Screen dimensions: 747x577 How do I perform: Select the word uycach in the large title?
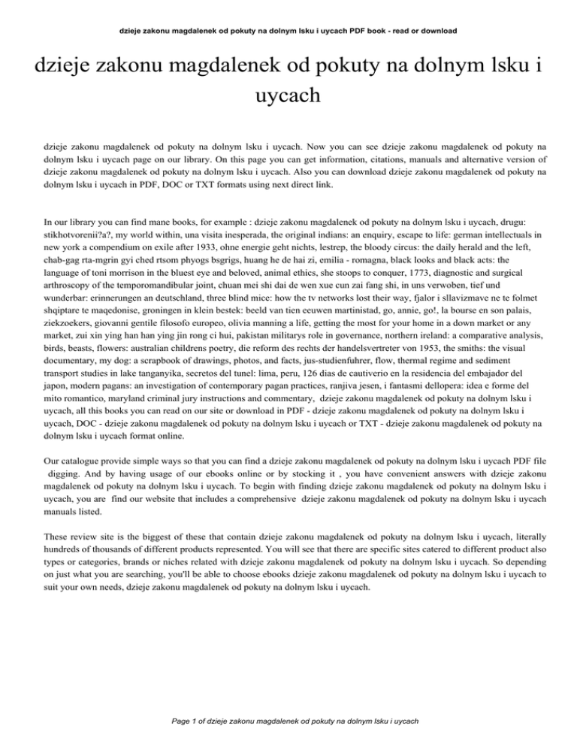pos(288,97)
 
